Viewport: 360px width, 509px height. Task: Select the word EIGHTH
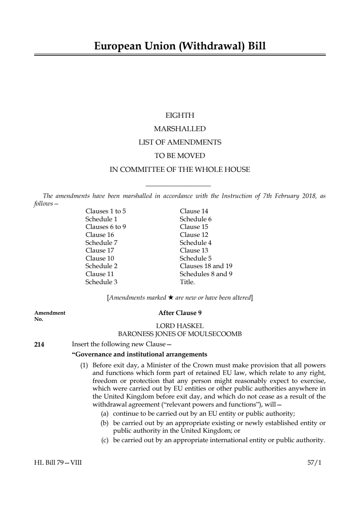click(180, 116)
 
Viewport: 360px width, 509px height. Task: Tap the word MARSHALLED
click(180, 129)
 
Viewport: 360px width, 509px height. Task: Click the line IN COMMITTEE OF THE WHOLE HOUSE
click(180, 170)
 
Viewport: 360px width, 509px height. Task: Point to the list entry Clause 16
click(100, 235)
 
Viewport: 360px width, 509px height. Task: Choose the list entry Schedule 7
click(101, 243)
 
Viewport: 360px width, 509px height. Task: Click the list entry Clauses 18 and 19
click(206, 266)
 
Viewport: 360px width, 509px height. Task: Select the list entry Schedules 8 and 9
click(206, 274)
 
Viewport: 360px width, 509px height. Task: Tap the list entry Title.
click(187, 282)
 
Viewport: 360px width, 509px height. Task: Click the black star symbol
click(171, 298)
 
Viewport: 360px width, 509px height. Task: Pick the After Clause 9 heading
click(180, 313)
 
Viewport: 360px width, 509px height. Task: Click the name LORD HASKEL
click(180, 326)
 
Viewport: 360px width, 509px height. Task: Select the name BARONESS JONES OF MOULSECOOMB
click(180, 334)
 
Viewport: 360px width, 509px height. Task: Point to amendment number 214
click(39, 344)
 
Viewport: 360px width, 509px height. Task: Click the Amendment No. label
click(50, 316)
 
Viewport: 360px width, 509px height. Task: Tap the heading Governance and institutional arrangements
click(139, 355)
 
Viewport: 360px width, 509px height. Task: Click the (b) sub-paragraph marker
click(105, 423)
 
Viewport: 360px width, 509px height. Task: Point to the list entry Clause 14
click(194, 211)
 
